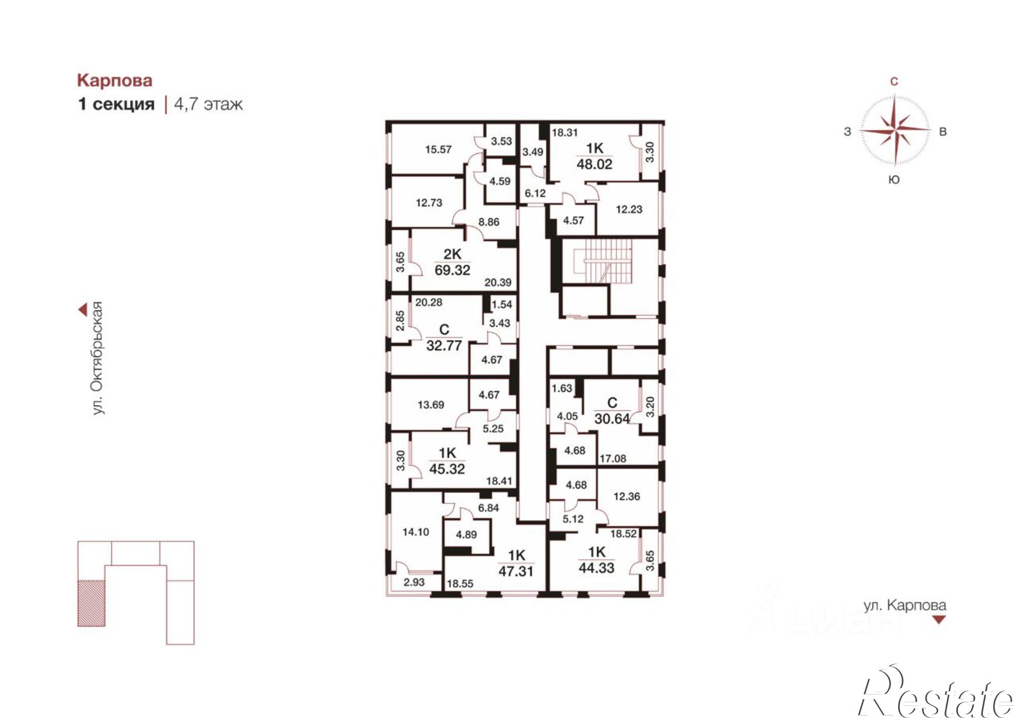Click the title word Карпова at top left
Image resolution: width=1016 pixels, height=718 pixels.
115,81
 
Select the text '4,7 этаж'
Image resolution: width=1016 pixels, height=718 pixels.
208,105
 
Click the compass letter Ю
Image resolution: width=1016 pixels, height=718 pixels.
895,180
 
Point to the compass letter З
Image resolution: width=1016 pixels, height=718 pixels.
847,132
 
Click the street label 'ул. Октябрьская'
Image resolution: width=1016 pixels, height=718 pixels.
98,358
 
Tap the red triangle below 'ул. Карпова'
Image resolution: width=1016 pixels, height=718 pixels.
939,619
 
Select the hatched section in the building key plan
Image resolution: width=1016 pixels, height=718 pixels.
91,603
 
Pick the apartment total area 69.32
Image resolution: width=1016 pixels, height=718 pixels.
452,270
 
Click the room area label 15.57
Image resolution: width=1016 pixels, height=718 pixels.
438,150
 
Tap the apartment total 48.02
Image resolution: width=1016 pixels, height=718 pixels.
594,164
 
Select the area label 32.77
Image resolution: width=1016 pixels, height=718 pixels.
444,346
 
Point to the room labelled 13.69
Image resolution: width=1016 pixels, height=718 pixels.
431,405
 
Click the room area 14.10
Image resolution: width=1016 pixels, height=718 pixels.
416,532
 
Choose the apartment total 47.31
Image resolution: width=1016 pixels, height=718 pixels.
516,571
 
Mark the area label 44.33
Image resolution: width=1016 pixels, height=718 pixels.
596,568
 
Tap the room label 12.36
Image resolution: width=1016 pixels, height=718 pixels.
626,497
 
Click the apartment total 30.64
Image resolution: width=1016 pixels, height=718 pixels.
612,419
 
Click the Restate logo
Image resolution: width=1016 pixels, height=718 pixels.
935,693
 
